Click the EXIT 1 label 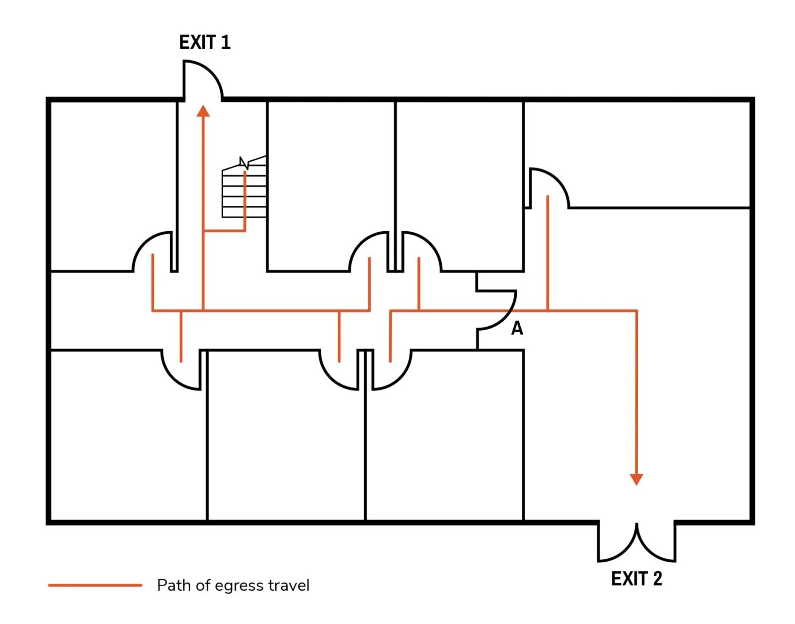(x=205, y=42)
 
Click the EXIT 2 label (x=636, y=579)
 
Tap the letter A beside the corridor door (x=517, y=328)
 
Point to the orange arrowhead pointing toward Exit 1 (x=203, y=111)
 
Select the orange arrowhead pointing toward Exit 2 (x=636, y=479)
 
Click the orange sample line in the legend (x=95, y=585)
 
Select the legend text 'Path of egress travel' (x=233, y=585)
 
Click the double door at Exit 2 (x=636, y=544)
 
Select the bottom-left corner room (x=127, y=438)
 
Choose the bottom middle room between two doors (x=286, y=438)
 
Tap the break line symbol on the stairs (x=244, y=163)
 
